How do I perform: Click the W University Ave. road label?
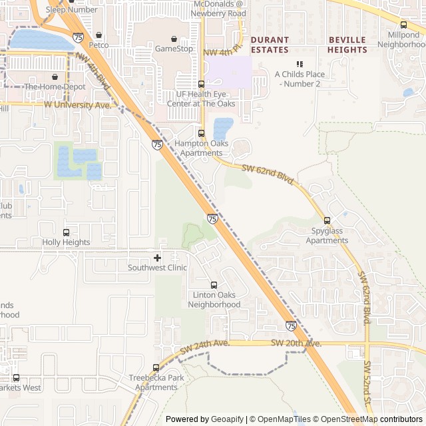click(x=78, y=105)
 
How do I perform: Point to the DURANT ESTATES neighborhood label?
click(x=270, y=45)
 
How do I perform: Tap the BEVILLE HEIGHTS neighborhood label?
click(x=347, y=45)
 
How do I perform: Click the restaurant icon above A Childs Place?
click(x=300, y=64)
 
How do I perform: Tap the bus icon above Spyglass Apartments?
click(x=327, y=221)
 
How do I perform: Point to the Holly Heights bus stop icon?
click(x=66, y=232)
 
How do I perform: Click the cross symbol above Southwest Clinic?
click(x=157, y=258)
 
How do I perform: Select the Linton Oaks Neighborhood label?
click(x=214, y=300)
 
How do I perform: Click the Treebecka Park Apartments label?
click(x=156, y=383)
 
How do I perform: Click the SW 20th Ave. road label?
click(x=296, y=343)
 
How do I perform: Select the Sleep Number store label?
click(x=71, y=9)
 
